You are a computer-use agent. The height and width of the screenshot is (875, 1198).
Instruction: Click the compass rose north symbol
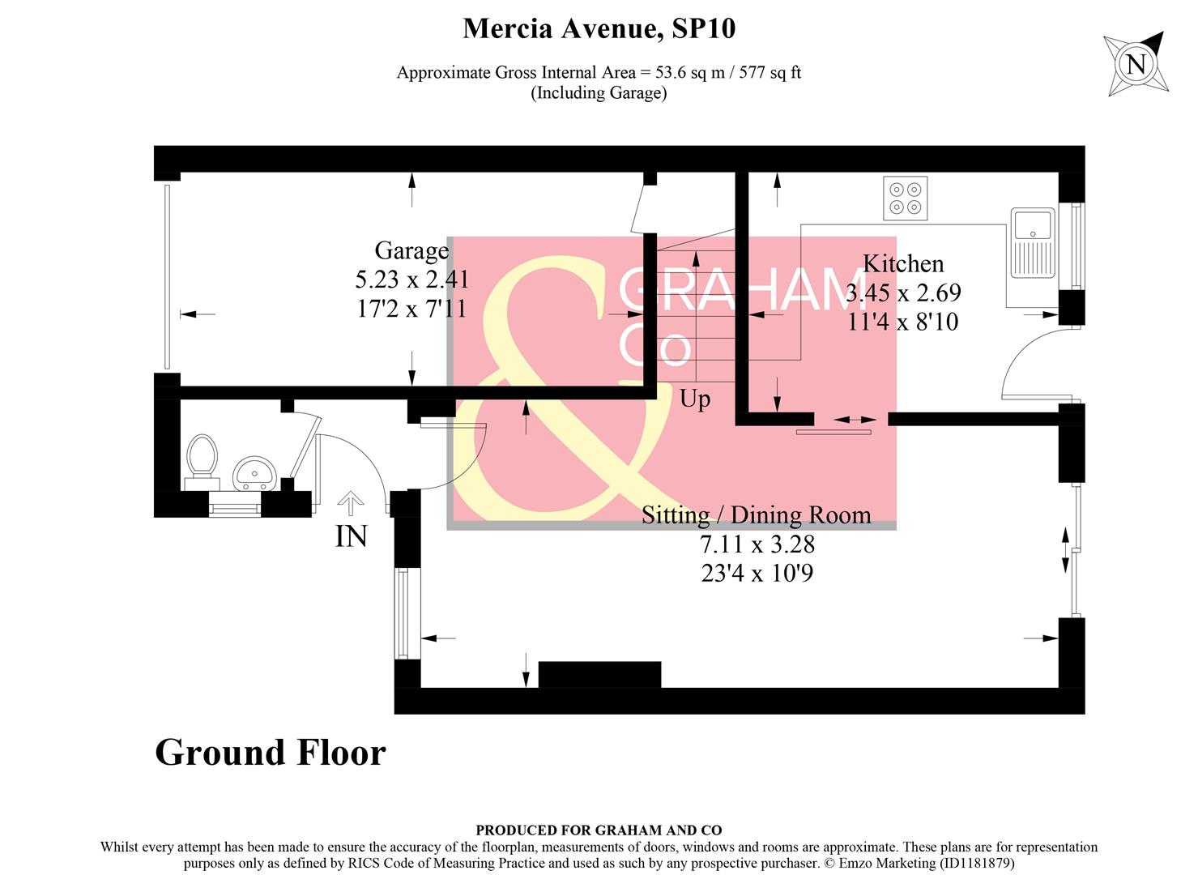(x=1136, y=63)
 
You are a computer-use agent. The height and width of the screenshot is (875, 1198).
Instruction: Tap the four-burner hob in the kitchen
(x=906, y=198)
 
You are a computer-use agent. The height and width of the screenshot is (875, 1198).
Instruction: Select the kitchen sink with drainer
(x=1033, y=242)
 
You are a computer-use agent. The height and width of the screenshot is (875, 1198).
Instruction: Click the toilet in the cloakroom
(x=202, y=459)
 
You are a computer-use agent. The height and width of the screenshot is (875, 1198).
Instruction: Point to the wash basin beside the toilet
(x=254, y=472)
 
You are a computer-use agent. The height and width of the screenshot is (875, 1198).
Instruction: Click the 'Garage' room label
(x=411, y=251)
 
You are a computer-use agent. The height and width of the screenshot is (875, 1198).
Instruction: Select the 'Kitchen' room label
(x=903, y=264)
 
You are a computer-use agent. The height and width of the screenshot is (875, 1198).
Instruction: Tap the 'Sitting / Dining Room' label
(x=756, y=515)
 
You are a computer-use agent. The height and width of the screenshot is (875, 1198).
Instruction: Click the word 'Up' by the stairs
(x=695, y=399)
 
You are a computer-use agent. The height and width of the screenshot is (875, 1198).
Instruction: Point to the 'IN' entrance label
(x=352, y=536)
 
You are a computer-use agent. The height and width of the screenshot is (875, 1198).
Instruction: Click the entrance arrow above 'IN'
(x=350, y=503)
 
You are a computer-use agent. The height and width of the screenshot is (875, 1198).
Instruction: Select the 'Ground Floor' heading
(x=270, y=753)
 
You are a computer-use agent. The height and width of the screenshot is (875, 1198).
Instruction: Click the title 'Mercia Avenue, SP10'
(x=599, y=28)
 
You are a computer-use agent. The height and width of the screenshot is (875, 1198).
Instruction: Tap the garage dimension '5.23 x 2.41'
(x=411, y=280)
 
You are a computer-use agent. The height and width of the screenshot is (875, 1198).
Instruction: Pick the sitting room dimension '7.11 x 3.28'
(x=757, y=544)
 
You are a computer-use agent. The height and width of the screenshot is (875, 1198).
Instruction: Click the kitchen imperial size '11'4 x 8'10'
(x=903, y=322)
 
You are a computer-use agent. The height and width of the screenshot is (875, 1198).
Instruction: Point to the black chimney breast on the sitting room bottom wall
(x=599, y=674)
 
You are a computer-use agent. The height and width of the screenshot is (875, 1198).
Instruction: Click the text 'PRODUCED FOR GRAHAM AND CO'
(x=599, y=830)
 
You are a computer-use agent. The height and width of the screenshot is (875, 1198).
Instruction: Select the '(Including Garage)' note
(x=599, y=92)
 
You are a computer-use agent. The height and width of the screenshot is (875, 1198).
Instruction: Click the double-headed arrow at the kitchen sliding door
(x=855, y=420)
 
